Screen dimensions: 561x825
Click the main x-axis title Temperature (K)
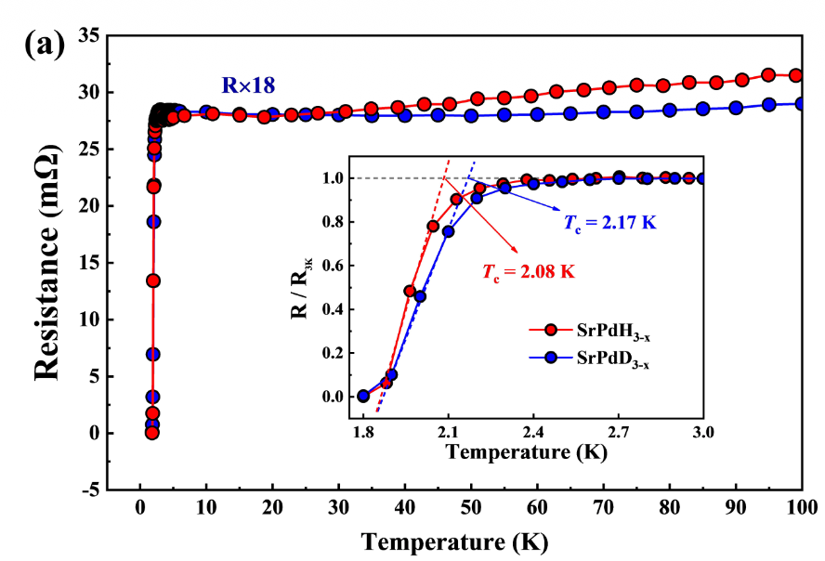454,541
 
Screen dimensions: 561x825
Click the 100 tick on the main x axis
802,508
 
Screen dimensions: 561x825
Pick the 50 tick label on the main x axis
470,508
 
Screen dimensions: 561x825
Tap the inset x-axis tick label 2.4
533,433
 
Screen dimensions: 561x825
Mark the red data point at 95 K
768,75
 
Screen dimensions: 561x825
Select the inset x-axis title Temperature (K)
532,454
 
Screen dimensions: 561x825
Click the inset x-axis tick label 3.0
703,433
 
